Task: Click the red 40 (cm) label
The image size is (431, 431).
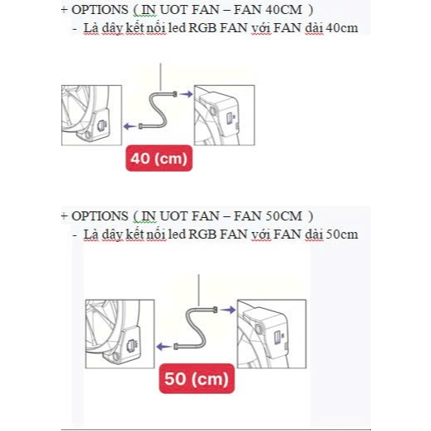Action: click(x=159, y=159)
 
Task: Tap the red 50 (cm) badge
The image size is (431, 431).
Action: click(x=197, y=378)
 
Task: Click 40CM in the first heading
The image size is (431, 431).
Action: click(x=284, y=10)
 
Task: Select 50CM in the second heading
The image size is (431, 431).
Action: click(x=284, y=216)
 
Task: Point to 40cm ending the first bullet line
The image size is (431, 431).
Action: click(x=342, y=28)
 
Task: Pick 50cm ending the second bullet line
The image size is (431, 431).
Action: click(x=342, y=234)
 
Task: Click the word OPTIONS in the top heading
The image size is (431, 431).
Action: click(x=100, y=10)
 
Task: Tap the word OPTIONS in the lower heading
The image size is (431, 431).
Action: click(x=100, y=216)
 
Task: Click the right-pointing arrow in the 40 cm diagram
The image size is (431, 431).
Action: click(x=186, y=94)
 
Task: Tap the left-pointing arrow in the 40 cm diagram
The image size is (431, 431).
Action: click(x=130, y=126)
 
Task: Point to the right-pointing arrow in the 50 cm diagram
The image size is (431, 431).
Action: click(x=228, y=310)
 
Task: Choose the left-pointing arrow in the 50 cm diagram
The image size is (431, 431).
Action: click(x=164, y=347)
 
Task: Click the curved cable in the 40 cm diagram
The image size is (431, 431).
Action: click(x=158, y=110)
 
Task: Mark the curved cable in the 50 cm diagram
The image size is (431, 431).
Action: click(x=196, y=329)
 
